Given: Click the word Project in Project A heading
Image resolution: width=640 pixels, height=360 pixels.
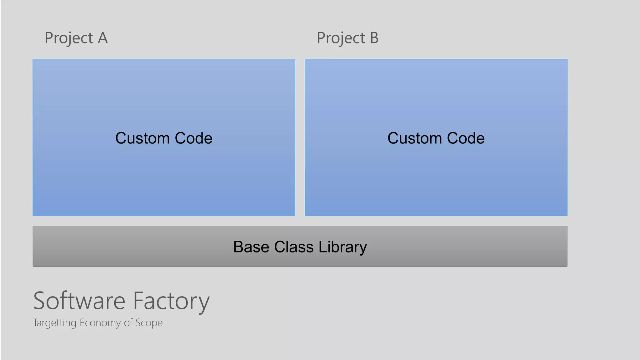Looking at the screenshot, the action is (69, 38).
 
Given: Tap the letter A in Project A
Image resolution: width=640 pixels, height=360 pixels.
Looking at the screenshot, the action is (103, 38).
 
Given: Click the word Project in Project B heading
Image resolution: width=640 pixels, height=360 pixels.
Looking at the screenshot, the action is (341, 38).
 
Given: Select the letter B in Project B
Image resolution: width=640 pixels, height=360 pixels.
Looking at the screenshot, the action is (374, 38).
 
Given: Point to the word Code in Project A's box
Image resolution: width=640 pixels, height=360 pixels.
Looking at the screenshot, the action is (194, 138).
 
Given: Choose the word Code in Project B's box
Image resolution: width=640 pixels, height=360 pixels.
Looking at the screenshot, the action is (466, 138).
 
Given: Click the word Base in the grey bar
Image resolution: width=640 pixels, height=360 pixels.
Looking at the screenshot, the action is (251, 247).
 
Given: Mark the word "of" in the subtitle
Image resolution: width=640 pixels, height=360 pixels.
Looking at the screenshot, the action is (128, 322).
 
